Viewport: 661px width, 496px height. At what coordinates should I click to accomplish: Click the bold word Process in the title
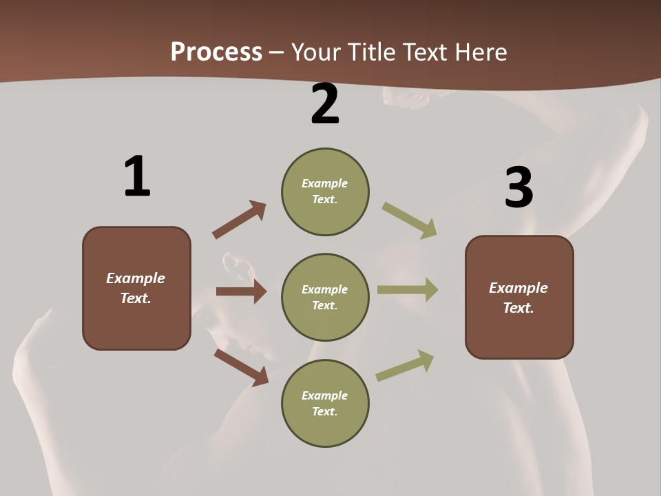[216, 52]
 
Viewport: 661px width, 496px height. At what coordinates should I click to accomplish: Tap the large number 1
[137, 176]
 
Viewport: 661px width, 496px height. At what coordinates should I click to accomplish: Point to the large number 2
[325, 104]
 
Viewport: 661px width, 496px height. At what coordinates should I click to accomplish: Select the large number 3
[518, 188]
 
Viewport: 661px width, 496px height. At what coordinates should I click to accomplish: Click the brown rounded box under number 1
[136, 288]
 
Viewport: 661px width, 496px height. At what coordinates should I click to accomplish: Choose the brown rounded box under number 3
[519, 297]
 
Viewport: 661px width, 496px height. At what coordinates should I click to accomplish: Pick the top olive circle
[325, 192]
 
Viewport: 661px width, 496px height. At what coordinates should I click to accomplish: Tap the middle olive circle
[325, 297]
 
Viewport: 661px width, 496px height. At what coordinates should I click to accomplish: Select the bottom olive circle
[325, 403]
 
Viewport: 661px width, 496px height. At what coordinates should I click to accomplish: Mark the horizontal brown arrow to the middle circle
[241, 291]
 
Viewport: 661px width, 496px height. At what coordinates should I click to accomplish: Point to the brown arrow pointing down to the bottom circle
[241, 367]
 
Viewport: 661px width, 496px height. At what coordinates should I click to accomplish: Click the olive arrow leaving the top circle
[410, 220]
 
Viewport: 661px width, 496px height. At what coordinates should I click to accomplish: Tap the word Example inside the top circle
[324, 183]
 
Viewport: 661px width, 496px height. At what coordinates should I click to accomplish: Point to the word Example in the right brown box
[518, 288]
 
